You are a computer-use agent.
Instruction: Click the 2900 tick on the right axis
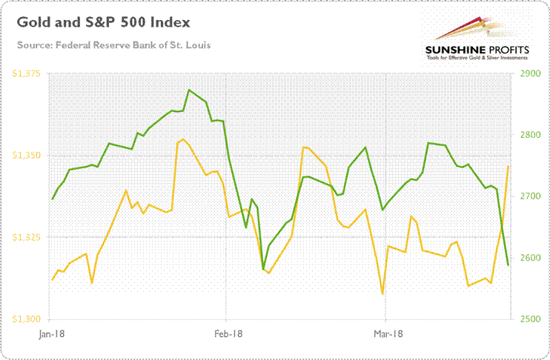click(532, 74)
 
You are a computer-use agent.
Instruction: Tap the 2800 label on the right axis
click(532, 136)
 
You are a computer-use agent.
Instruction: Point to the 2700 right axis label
click(532, 196)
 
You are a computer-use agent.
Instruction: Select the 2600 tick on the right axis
click(532, 258)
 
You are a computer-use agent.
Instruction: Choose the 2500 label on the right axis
click(532, 319)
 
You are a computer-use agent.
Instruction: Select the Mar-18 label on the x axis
click(386, 334)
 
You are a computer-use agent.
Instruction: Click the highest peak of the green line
click(189, 90)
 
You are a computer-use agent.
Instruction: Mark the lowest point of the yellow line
click(382, 294)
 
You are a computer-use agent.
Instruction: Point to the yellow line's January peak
click(183, 139)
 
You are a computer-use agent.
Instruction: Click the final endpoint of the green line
click(508, 264)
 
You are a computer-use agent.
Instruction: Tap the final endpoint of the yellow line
click(508, 167)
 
